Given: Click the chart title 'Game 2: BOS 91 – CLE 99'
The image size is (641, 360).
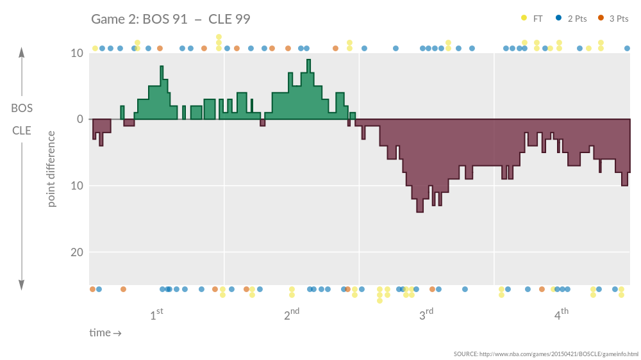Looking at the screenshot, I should tap(171, 19).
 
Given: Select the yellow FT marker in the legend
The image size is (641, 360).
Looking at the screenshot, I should tap(524, 18).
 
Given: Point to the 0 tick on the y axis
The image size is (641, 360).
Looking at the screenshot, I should tap(79, 119).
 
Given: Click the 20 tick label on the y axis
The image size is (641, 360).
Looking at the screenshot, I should tap(76, 252).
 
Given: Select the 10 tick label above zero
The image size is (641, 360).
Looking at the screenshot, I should tap(76, 53).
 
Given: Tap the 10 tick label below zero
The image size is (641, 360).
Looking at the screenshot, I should tap(76, 186).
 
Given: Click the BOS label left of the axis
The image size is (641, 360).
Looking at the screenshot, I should tap(22, 108).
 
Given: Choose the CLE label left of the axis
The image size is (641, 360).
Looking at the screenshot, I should tap(22, 130).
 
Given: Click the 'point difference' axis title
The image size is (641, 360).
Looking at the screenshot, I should tap(51, 169).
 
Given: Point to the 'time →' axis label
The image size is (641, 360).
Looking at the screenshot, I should tap(105, 332).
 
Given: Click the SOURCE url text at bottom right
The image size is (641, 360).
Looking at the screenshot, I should tap(545, 354).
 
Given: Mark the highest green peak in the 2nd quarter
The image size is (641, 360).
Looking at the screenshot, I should tap(308, 61).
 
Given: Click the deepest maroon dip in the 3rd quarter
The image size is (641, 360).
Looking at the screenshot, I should tap(420, 211).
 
